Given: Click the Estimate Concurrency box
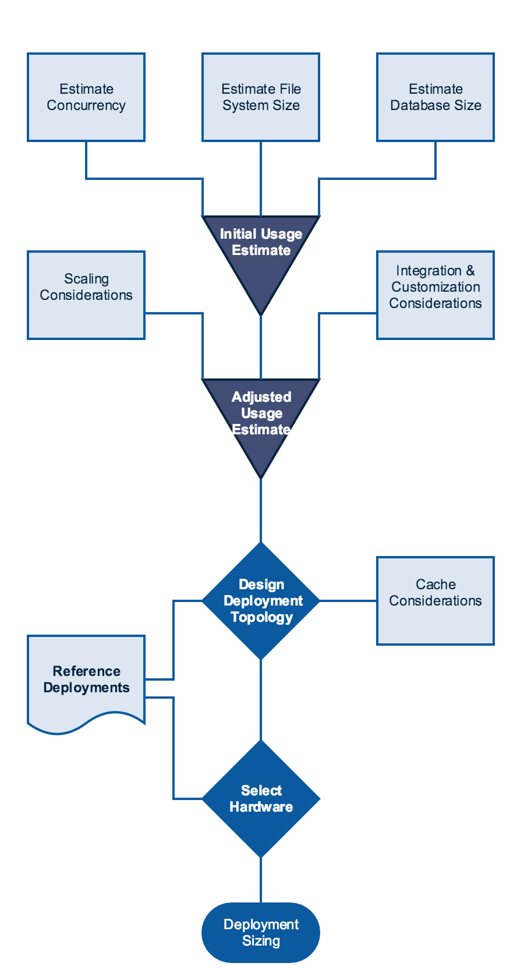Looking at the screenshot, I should [x=86, y=97].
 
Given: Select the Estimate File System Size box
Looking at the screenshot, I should [x=261, y=97].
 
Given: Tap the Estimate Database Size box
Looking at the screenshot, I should [x=436, y=97].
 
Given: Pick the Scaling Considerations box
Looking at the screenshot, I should [x=86, y=295].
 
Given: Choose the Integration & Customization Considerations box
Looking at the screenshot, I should [x=436, y=295].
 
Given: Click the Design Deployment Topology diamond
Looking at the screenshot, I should [x=261, y=601].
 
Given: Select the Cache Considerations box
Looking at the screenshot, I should [x=436, y=601].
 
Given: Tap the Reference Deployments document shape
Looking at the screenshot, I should [x=86, y=681].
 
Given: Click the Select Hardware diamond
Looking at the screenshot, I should [x=261, y=799].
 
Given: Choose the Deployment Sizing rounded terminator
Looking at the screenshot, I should [x=261, y=933].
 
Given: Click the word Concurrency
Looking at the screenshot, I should [x=86, y=105].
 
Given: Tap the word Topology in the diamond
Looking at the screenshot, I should [x=261, y=617].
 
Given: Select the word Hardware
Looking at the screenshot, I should [x=261, y=807].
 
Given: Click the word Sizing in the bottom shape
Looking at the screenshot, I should [x=261, y=941].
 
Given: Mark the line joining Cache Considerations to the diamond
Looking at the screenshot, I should [x=348, y=601].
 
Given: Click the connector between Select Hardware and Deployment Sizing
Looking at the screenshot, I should [x=261, y=880].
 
